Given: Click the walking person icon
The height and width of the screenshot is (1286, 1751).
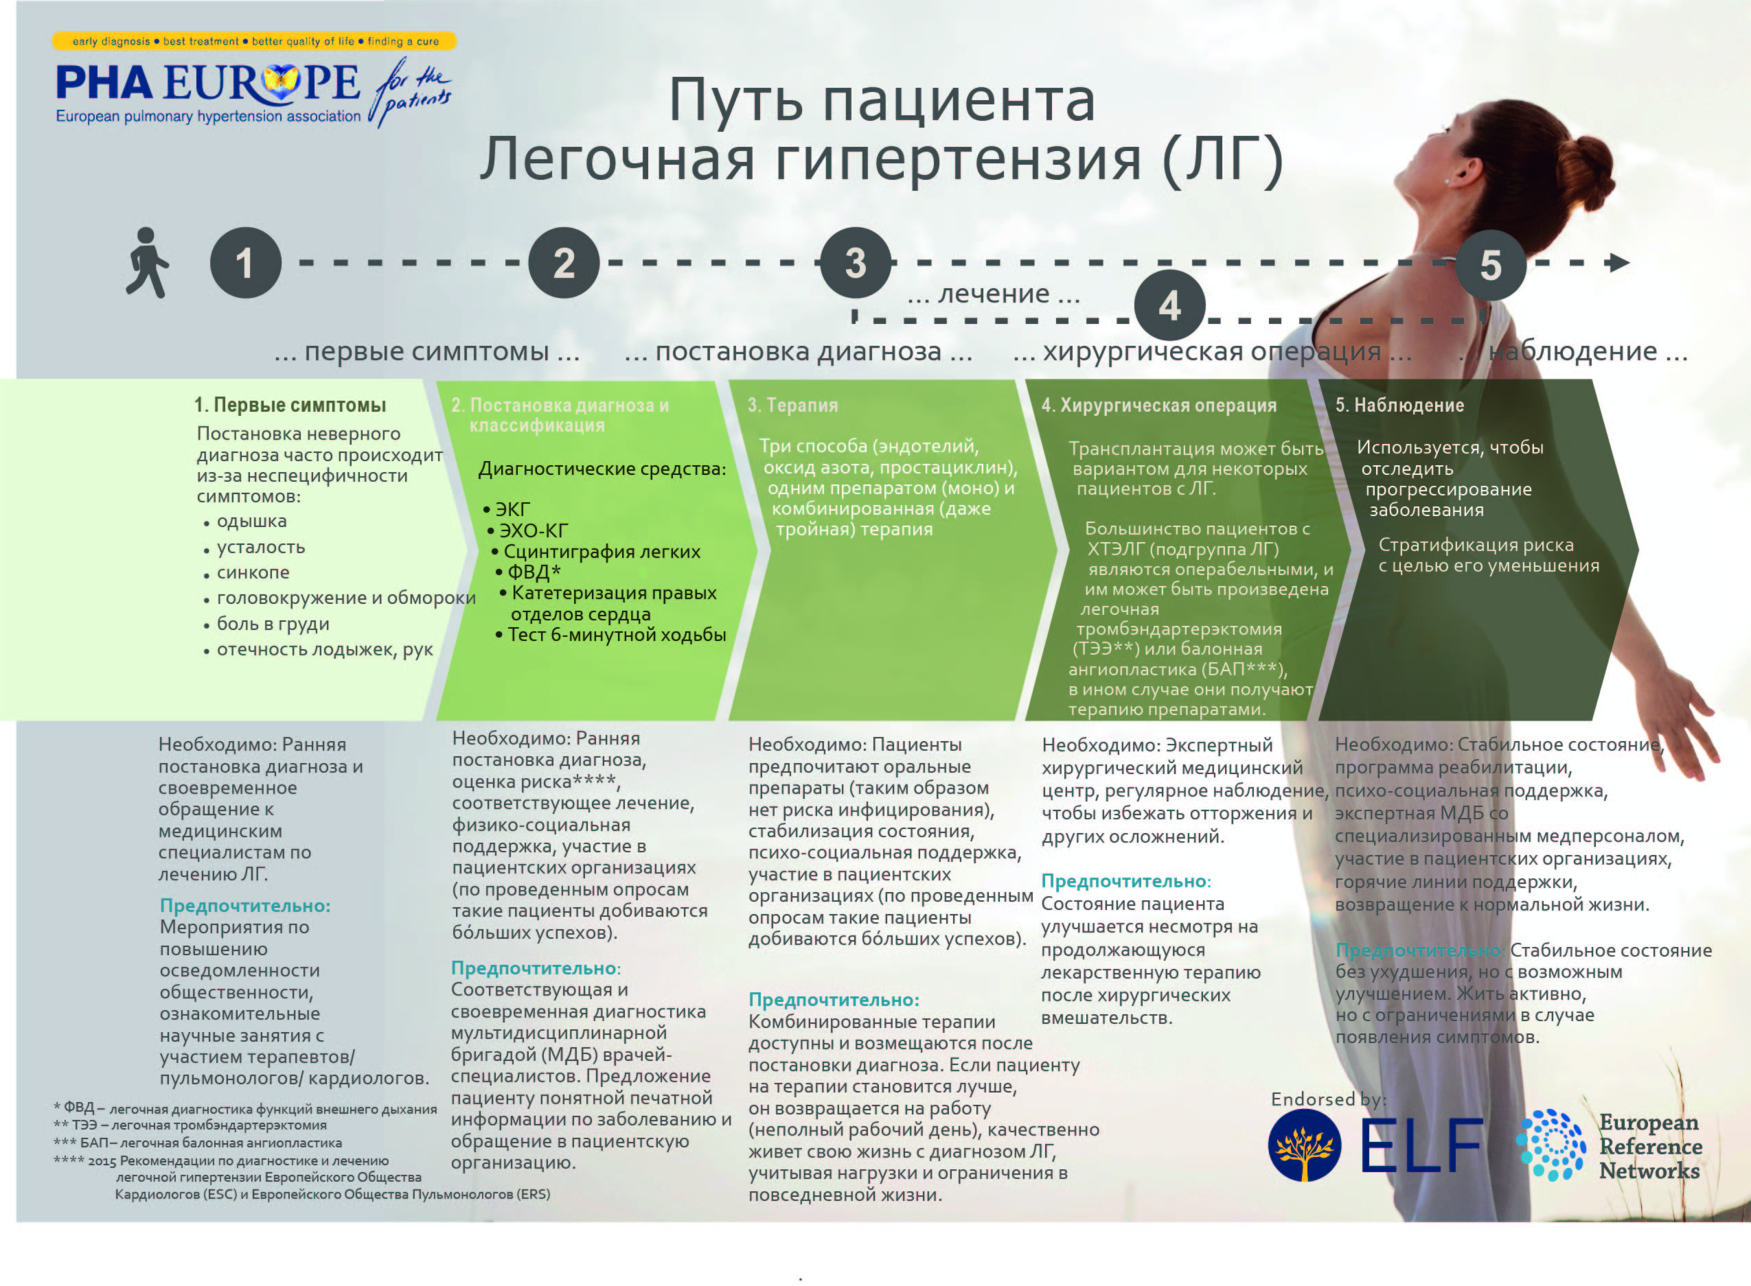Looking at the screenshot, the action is click(x=147, y=262).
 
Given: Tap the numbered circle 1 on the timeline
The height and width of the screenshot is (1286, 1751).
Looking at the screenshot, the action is click(x=245, y=263).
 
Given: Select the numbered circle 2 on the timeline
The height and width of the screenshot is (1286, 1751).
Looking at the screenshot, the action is click(x=564, y=263).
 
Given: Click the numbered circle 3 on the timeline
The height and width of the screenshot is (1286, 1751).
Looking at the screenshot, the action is click(x=856, y=263).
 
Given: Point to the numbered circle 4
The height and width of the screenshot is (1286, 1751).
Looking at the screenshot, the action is click(x=1170, y=306).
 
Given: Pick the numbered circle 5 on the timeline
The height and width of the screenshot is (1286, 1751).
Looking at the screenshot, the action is click(x=1490, y=266).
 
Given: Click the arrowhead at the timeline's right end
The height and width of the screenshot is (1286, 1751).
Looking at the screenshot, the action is click(x=1619, y=263).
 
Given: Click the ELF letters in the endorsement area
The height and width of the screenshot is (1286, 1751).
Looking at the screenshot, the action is click(x=1421, y=1145).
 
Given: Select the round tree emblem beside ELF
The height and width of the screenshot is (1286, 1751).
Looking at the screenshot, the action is click(x=1305, y=1145).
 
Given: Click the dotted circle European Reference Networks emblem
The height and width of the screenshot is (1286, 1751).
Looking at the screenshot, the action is click(x=1550, y=1145).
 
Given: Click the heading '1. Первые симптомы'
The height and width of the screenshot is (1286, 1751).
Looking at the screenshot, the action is click(x=290, y=405).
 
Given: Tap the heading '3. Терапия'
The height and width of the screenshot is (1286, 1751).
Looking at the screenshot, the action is click(x=793, y=405).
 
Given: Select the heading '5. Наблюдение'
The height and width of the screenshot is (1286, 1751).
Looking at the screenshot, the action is click(x=1399, y=405).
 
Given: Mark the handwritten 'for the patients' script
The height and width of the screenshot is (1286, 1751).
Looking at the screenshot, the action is click(x=411, y=92).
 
